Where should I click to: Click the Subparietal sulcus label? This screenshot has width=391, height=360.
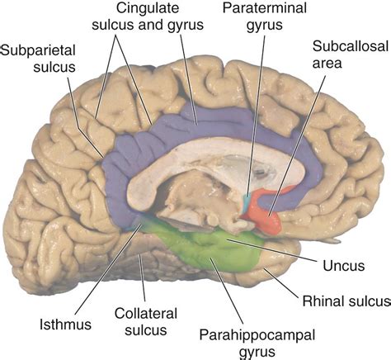(38, 59)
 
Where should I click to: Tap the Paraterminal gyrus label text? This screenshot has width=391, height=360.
(265, 17)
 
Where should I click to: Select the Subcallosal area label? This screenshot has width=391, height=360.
(351, 54)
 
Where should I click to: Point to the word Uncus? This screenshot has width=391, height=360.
(344, 266)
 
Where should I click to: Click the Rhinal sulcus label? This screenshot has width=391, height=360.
(346, 301)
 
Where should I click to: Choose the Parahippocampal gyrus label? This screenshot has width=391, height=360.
(257, 343)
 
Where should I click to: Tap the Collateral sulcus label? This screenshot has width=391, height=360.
(146, 321)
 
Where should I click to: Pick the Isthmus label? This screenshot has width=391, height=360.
(65, 324)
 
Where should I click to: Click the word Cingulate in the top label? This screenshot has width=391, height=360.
(148, 7)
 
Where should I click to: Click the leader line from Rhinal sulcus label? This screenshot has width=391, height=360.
(281, 283)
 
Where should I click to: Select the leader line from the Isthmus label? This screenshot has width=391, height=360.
(108, 269)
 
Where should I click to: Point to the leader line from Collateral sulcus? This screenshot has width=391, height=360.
(143, 278)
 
